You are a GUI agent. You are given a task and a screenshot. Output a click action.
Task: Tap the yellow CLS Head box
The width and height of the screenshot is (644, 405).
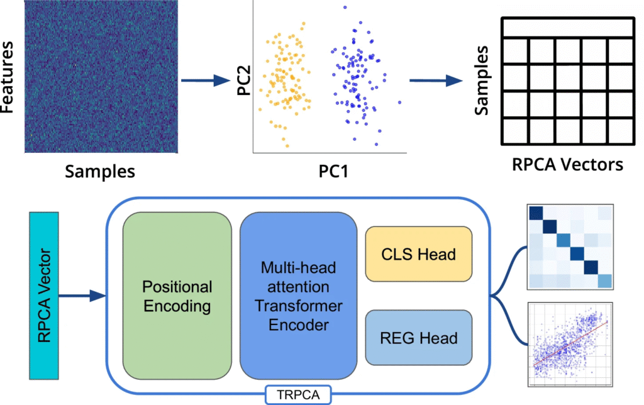(418, 254)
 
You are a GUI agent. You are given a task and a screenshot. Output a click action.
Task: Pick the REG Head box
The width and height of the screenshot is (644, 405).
(418, 338)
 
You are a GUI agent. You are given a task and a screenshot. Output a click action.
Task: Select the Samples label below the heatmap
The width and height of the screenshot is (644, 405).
(101, 170)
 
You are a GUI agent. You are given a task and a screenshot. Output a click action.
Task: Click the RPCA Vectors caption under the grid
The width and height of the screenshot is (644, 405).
(567, 165)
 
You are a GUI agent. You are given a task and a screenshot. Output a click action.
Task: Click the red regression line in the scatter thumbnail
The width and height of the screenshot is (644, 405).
(569, 345)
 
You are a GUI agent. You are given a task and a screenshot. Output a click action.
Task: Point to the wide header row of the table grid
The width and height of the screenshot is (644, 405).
(565, 28)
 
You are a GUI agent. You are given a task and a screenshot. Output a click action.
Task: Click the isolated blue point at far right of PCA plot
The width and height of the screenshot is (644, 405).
(399, 103)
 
